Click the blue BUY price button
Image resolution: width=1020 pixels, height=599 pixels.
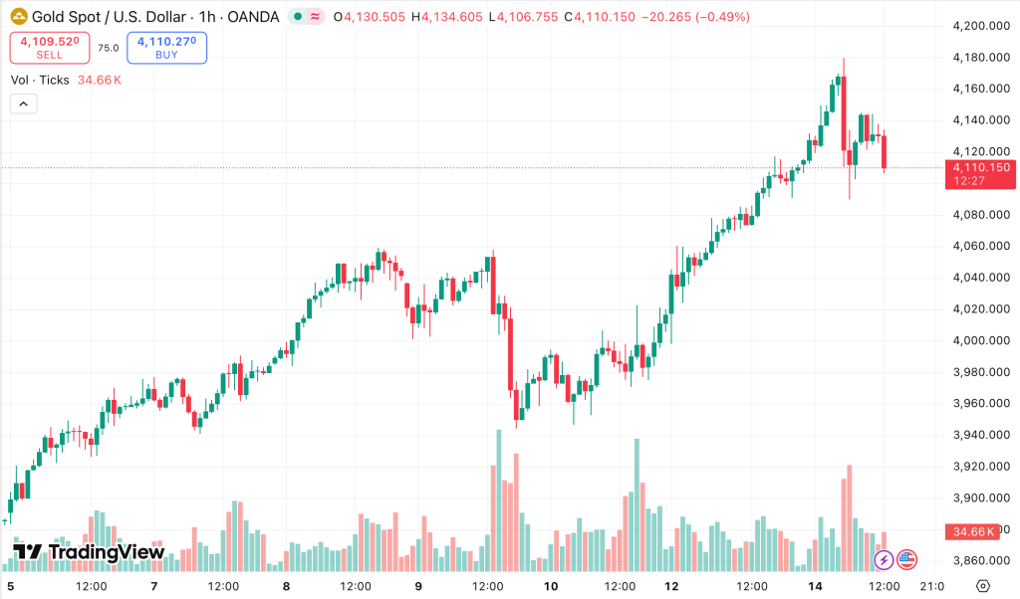166,48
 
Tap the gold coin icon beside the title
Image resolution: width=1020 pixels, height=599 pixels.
18,17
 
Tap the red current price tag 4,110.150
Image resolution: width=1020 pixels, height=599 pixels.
981,173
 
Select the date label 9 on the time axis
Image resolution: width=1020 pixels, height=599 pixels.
419,585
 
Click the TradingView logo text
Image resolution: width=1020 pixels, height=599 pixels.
89,552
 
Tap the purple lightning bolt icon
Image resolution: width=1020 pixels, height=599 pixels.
884,560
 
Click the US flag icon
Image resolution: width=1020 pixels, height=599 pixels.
906,560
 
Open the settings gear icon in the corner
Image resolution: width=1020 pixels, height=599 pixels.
983,585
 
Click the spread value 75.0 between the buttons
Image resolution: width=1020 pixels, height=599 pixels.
108,48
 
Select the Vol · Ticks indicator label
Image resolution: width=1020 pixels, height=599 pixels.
40,80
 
